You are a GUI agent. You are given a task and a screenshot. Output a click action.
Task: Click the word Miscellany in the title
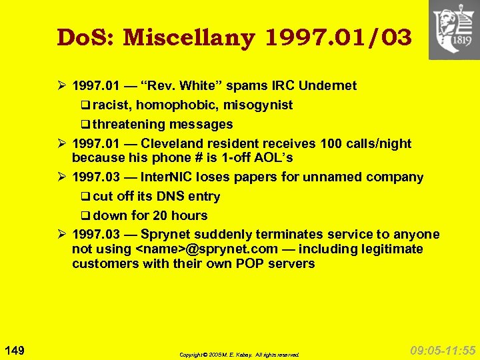click(x=189, y=38)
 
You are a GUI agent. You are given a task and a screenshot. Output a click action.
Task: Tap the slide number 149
click(x=15, y=351)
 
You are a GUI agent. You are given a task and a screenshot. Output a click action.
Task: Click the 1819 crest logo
click(x=453, y=30)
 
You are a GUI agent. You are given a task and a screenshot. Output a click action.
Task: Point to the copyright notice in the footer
click(x=239, y=355)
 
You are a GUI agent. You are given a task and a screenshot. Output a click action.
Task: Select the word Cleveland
click(x=183, y=144)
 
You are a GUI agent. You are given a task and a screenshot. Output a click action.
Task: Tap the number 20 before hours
click(x=160, y=216)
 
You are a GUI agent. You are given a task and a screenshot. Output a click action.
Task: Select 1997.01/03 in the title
click(x=339, y=38)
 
